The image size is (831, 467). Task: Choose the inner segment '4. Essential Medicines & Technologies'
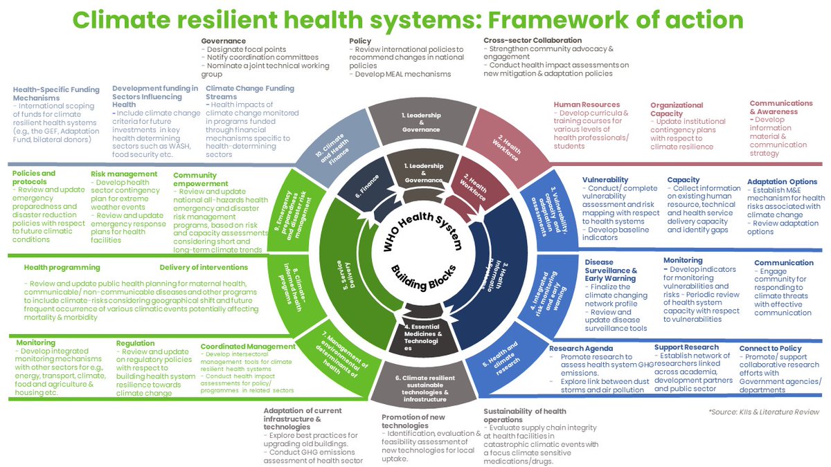(424, 336)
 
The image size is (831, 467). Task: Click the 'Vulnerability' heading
(605, 180)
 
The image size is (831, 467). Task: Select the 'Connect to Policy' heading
(770, 348)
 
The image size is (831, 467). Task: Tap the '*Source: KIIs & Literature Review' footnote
(763, 412)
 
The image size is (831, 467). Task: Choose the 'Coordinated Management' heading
(238, 347)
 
